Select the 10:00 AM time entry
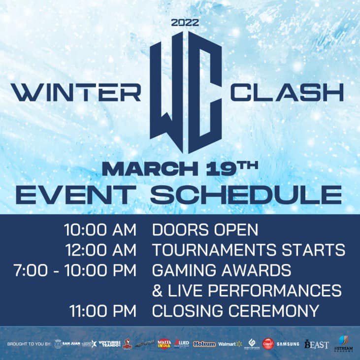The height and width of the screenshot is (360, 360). [x=100, y=230]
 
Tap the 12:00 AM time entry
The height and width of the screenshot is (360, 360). [x=100, y=250]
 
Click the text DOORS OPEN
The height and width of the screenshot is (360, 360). [x=205, y=230]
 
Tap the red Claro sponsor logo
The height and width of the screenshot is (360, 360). [x=267, y=344]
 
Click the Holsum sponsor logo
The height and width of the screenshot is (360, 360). [x=204, y=344]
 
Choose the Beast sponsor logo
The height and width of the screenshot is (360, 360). [x=316, y=344]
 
